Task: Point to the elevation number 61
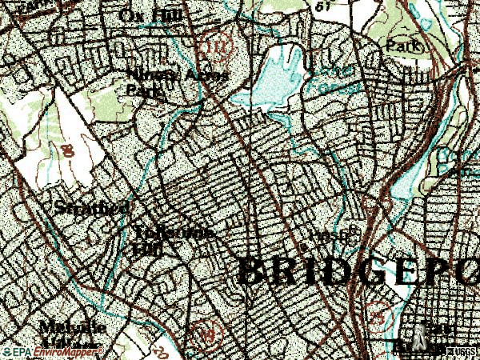[x=325, y=6]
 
